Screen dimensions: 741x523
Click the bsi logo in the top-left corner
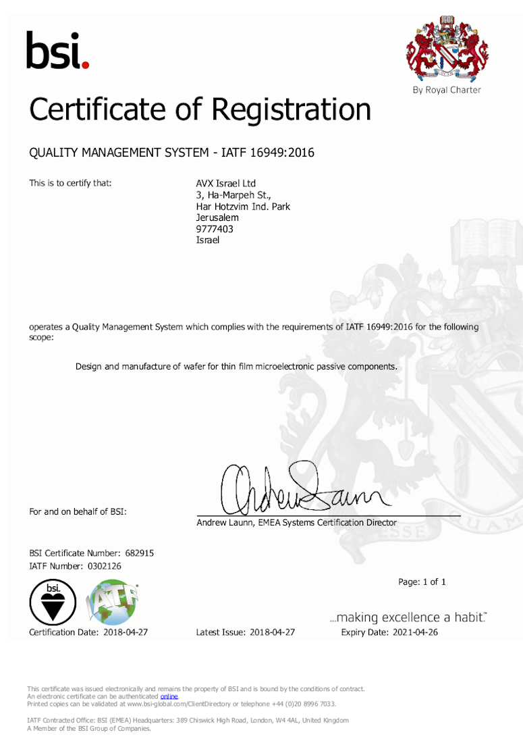point(57,51)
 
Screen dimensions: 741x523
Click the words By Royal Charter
point(447,90)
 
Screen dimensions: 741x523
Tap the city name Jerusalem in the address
point(217,218)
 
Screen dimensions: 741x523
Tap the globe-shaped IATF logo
point(114,603)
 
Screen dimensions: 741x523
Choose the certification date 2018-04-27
point(126,632)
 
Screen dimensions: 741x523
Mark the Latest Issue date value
point(272,632)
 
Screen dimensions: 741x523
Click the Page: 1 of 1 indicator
point(422,582)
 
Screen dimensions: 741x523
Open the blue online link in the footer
point(169,696)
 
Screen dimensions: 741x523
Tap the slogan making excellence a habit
point(408,617)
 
